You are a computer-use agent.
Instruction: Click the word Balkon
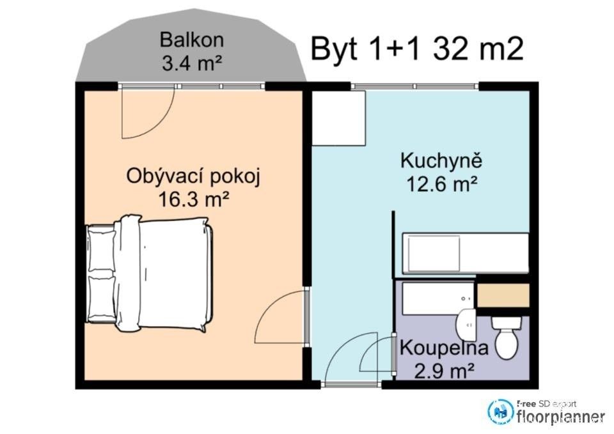192,40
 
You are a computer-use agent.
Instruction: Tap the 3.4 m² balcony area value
192,63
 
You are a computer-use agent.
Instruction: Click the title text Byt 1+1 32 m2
417,49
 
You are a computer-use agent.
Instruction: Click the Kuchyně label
441,160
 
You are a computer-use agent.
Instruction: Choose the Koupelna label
444,348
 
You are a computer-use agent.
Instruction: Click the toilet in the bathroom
506,337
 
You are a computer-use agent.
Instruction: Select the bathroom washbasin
466,325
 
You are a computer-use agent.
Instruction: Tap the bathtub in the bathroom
435,297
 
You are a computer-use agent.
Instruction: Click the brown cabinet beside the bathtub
503,295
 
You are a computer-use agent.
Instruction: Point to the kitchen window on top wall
414,86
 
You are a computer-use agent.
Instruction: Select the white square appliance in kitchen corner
338,118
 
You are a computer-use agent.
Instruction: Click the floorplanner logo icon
500,412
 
